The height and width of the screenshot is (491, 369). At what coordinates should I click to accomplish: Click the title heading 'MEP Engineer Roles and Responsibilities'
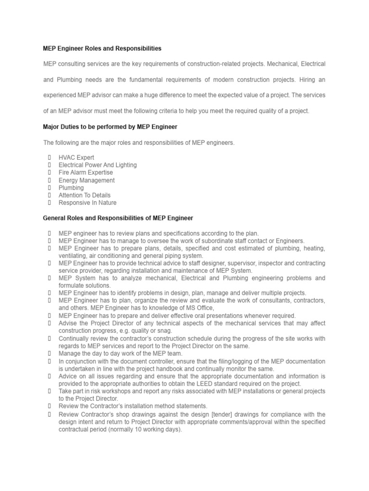102,48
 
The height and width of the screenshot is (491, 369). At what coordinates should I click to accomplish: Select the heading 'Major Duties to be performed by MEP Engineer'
110,127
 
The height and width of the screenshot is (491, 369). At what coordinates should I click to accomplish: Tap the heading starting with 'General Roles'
118,218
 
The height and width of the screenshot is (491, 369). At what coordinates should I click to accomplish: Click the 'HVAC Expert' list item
76,157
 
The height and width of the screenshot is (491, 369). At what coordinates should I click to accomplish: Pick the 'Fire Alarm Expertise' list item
86,172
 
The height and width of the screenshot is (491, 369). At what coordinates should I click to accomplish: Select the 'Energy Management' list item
86,180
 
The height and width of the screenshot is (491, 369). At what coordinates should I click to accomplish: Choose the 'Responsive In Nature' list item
87,203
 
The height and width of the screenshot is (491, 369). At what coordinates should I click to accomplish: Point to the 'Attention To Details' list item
85,195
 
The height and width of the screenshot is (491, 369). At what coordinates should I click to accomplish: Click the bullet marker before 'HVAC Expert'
49,157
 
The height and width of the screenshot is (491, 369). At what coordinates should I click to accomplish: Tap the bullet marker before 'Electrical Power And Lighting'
49,165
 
